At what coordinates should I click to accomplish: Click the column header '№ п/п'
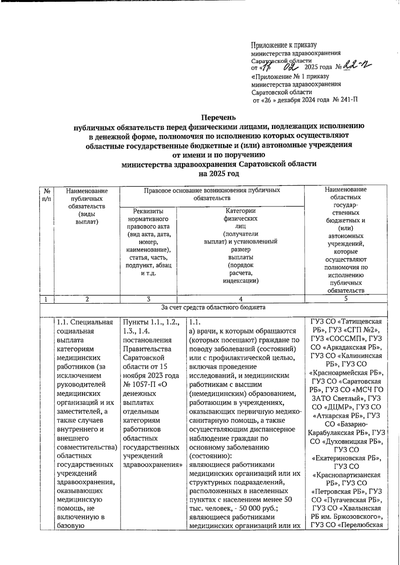click(x=47, y=194)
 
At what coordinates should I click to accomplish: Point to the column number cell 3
click(x=148, y=299)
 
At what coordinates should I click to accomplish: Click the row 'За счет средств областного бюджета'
click(x=213, y=307)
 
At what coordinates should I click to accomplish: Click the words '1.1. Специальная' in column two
click(x=85, y=322)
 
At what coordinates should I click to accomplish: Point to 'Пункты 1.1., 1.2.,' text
click(x=151, y=322)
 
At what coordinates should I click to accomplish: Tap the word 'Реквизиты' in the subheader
click(x=148, y=211)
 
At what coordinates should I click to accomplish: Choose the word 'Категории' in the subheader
click(x=241, y=211)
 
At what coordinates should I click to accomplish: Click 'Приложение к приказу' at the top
click(x=284, y=45)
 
